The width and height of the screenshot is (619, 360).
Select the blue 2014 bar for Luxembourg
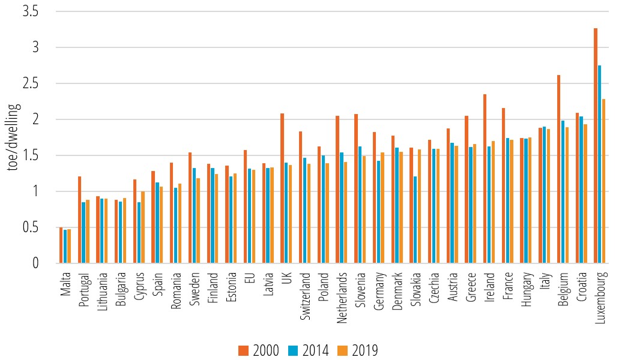click(x=599, y=164)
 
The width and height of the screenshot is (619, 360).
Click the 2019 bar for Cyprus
click(x=143, y=227)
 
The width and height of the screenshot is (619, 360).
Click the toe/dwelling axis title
click(x=13, y=137)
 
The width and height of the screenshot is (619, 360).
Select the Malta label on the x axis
click(x=65, y=285)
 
